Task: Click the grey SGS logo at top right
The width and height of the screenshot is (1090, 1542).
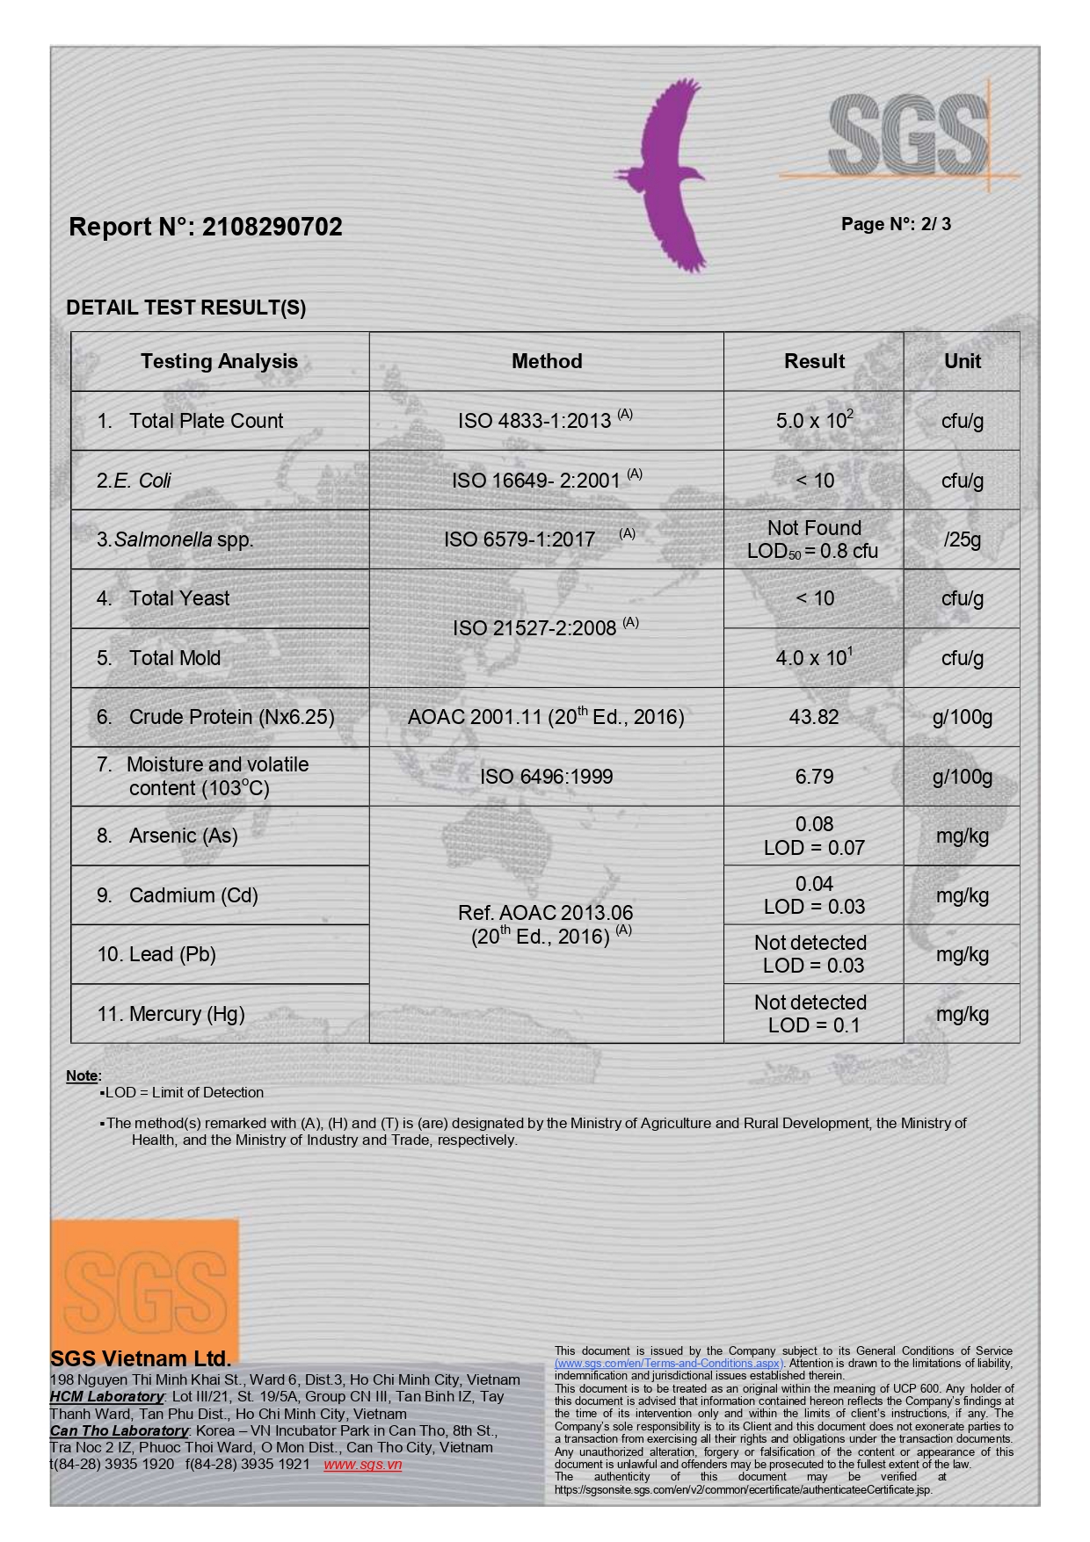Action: tap(907, 136)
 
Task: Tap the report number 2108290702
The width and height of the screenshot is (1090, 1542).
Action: tap(272, 227)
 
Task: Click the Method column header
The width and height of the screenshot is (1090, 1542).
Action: tap(547, 361)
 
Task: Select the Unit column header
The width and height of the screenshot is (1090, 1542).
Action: tap(962, 361)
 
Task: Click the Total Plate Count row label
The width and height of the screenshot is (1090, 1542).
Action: tap(206, 421)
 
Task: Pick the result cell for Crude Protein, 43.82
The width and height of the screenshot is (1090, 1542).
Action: tap(814, 717)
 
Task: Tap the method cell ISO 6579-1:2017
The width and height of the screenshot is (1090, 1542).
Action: tap(520, 539)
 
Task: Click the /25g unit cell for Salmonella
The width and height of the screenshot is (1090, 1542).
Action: tap(962, 539)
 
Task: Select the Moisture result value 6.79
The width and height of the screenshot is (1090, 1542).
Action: tap(814, 777)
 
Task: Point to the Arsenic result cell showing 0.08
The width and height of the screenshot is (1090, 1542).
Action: tap(814, 825)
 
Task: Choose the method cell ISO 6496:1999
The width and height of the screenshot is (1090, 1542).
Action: tap(546, 777)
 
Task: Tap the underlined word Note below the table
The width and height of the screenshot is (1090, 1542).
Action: tap(82, 1075)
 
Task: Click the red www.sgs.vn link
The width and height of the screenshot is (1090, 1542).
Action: tap(362, 1464)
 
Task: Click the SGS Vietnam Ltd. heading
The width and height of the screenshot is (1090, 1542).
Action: tap(141, 1358)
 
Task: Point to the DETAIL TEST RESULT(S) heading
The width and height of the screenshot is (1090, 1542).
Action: tap(186, 308)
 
